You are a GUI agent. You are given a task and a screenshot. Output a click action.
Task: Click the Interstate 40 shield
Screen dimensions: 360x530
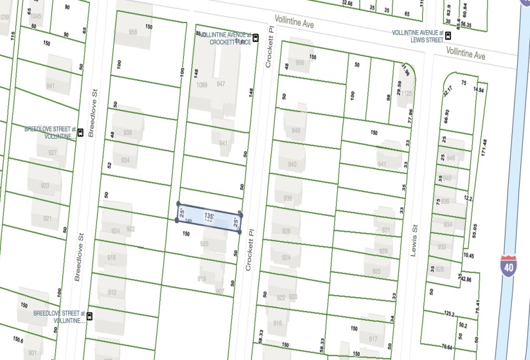pos(508,265)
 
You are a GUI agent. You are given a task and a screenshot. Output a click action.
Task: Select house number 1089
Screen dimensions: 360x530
pos(202,85)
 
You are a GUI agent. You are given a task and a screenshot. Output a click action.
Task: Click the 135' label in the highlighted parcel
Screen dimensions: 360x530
pos(209,215)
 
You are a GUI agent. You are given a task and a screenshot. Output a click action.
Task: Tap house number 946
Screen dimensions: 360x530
pos(295,130)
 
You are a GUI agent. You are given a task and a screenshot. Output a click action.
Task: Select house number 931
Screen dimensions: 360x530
pos(385,230)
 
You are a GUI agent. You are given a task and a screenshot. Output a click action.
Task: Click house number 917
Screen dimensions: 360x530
pos(373,339)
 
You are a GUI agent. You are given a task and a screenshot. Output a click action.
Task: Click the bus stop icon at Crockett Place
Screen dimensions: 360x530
pos(256,38)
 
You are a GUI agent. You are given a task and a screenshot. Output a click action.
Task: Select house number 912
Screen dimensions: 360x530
pos(112,292)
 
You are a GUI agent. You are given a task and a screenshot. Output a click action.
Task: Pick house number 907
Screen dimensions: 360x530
pos(220,291)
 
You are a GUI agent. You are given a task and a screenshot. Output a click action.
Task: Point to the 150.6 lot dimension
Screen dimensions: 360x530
pos(17,340)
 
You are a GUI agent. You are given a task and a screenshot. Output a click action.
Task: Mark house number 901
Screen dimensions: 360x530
pos(31,352)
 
